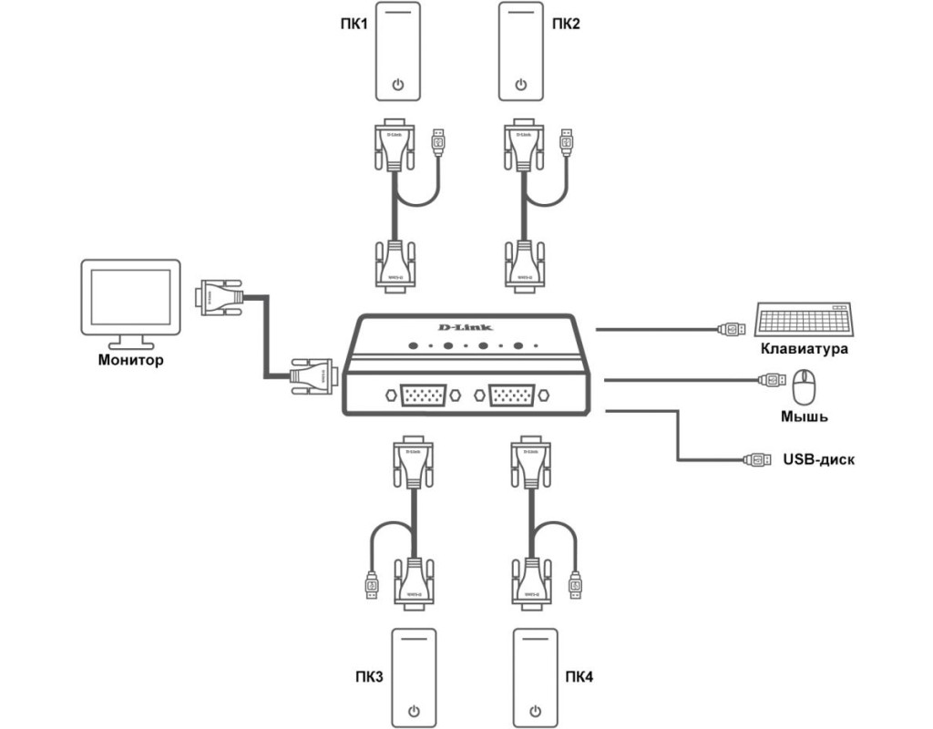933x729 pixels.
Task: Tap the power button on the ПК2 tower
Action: coord(520,86)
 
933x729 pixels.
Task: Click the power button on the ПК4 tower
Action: coord(537,711)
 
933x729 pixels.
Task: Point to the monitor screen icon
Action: coord(129,300)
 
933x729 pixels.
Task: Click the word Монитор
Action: coord(130,361)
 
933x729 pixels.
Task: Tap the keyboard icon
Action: coord(805,320)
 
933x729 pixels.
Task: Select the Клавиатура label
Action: coord(805,349)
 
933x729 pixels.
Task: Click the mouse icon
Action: coord(804,386)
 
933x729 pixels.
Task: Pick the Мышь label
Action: coord(804,417)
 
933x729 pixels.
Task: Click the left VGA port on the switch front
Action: coord(419,396)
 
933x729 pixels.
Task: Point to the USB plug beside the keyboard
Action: coord(733,328)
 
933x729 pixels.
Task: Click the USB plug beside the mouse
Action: coord(770,379)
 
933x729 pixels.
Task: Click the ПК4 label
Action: coord(579,676)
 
